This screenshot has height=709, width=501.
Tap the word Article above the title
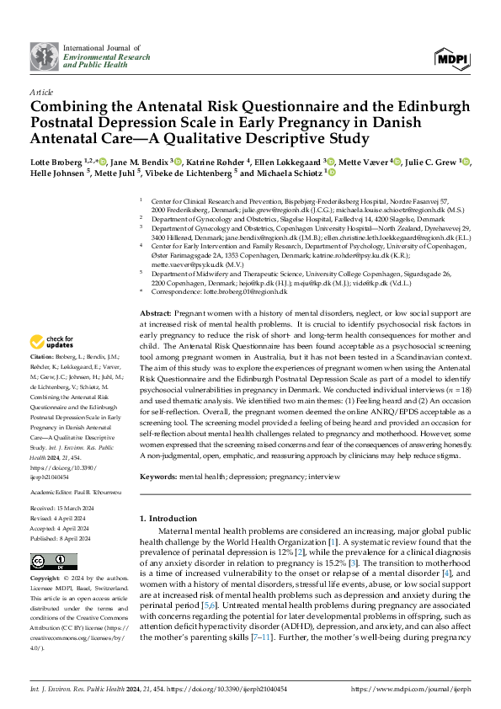point(40,91)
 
